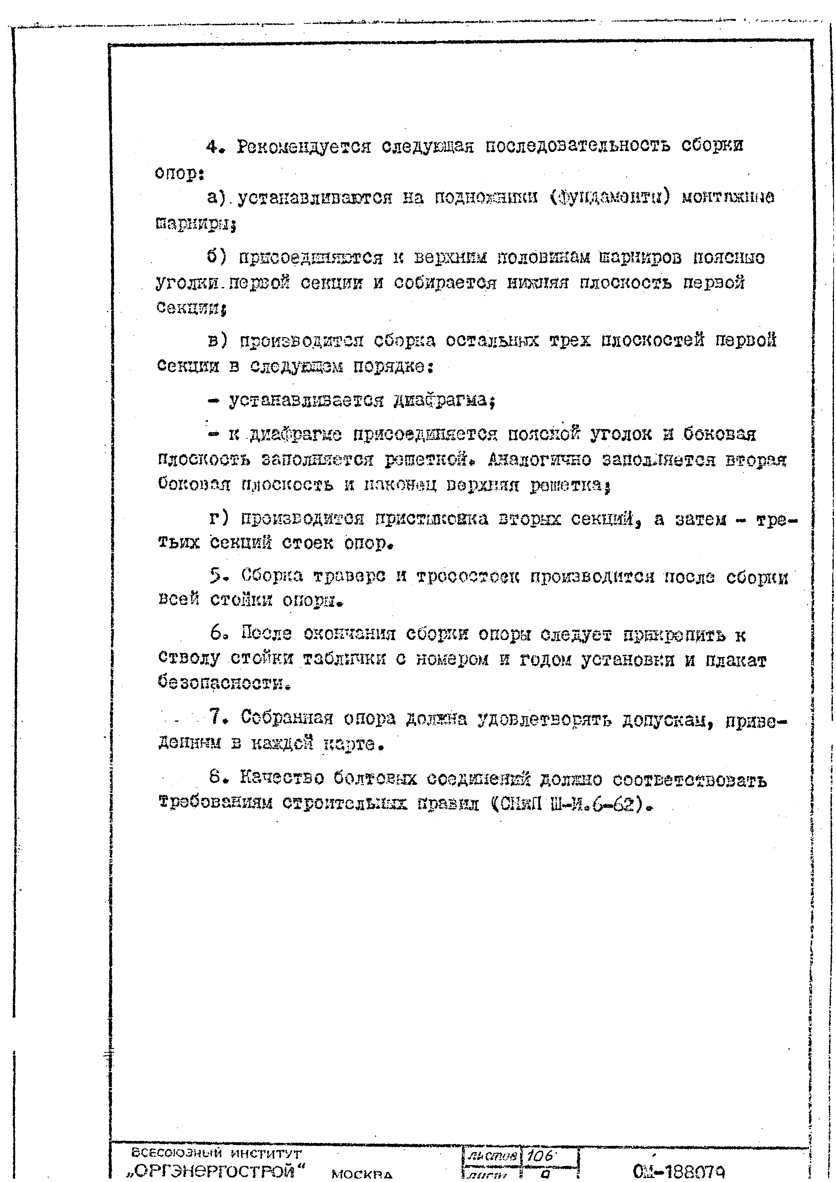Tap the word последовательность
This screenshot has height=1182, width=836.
pyautogui.click(x=578, y=147)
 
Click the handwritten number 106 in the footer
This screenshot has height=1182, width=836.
pyautogui.click(x=539, y=1156)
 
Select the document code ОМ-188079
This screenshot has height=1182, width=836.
pyautogui.click(x=678, y=1172)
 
